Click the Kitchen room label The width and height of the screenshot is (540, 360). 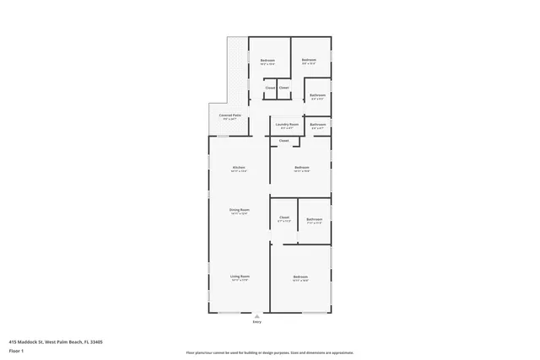239,169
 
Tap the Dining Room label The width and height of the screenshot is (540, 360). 239,210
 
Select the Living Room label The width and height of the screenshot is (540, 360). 240,277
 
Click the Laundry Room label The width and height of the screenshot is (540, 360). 287,125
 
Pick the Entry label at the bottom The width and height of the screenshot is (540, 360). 257,322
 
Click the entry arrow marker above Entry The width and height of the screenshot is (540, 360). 257,315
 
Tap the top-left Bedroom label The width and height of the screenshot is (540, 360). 267,61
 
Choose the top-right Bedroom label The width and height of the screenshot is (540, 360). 309,60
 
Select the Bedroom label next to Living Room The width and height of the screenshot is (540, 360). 300,277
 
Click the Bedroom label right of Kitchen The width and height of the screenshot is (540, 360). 301,169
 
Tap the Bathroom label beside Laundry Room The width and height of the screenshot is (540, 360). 317,126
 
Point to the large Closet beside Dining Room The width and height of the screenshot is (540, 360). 284,219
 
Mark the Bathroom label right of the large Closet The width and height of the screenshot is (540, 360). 314,219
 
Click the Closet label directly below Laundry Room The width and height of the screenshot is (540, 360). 283,141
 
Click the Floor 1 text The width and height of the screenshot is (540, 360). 15,350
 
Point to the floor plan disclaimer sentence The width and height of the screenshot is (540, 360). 270,352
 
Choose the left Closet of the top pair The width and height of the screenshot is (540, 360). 270,88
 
